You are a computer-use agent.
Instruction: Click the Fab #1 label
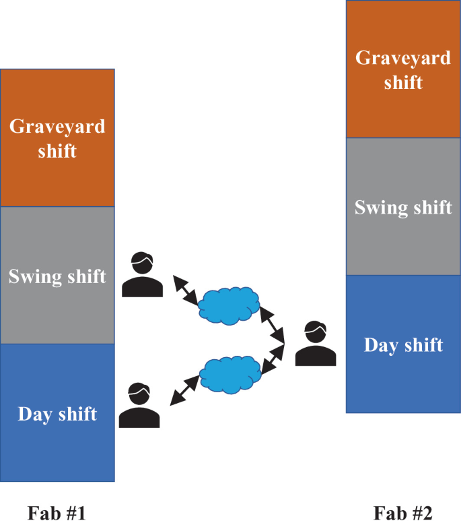click(57, 514)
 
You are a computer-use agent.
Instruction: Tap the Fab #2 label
click(403, 514)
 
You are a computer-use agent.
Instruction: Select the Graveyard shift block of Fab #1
click(57, 137)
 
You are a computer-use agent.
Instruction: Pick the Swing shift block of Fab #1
click(57, 276)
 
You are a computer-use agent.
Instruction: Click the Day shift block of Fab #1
click(57, 412)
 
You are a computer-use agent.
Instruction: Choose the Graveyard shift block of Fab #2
click(403, 69)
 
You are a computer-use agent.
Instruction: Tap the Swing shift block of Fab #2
click(403, 206)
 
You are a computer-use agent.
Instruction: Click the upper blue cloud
click(229, 303)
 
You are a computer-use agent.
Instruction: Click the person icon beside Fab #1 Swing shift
click(143, 274)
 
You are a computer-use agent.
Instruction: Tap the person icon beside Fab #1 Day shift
click(139, 406)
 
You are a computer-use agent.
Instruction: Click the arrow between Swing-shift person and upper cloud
click(186, 290)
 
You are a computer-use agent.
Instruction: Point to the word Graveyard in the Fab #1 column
click(57, 126)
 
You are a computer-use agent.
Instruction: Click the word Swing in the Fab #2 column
click(378, 206)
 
